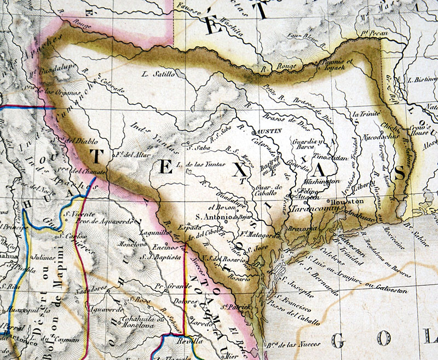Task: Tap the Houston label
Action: (345, 201)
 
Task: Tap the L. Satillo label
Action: (158, 73)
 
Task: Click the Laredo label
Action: (199, 323)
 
